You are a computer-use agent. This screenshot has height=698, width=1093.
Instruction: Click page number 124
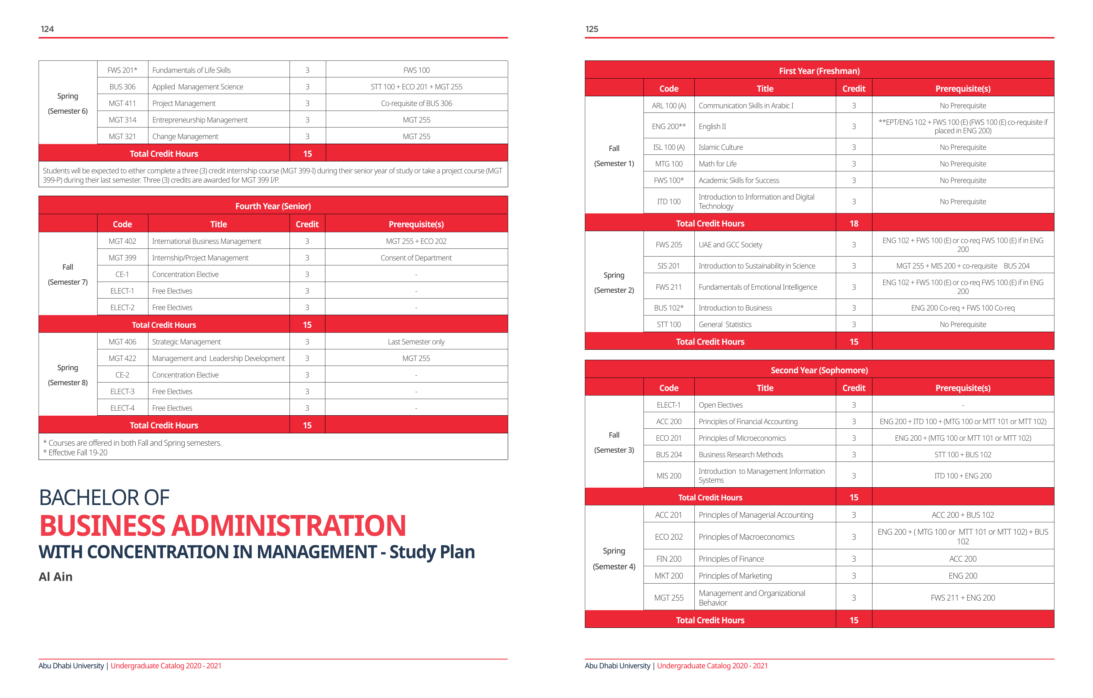[47, 29]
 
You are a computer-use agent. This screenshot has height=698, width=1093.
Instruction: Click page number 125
[591, 29]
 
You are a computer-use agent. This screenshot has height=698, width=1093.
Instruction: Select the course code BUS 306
[122, 87]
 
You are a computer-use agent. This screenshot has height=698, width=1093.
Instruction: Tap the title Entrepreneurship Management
[200, 120]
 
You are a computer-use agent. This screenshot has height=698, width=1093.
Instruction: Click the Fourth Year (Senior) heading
[273, 206]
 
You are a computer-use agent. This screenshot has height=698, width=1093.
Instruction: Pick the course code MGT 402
[122, 241]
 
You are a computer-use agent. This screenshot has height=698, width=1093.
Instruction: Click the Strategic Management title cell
[186, 342]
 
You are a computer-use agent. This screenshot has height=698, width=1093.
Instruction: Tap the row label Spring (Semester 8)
[67, 375]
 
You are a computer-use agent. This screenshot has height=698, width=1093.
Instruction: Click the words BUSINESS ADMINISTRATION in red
[222, 525]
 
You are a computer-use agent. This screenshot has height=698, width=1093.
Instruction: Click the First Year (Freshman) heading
[819, 71]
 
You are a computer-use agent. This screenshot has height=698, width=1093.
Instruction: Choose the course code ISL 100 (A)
[669, 147]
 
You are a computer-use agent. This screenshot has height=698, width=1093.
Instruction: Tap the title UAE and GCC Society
[730, 245]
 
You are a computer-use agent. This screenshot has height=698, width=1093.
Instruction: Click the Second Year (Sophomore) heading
[819, 370]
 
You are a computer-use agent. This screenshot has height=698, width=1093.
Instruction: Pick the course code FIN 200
[669, 559]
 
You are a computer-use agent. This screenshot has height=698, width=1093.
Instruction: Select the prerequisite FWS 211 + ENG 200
[962, 597]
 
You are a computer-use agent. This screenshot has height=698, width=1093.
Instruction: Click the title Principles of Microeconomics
[742, 438]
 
